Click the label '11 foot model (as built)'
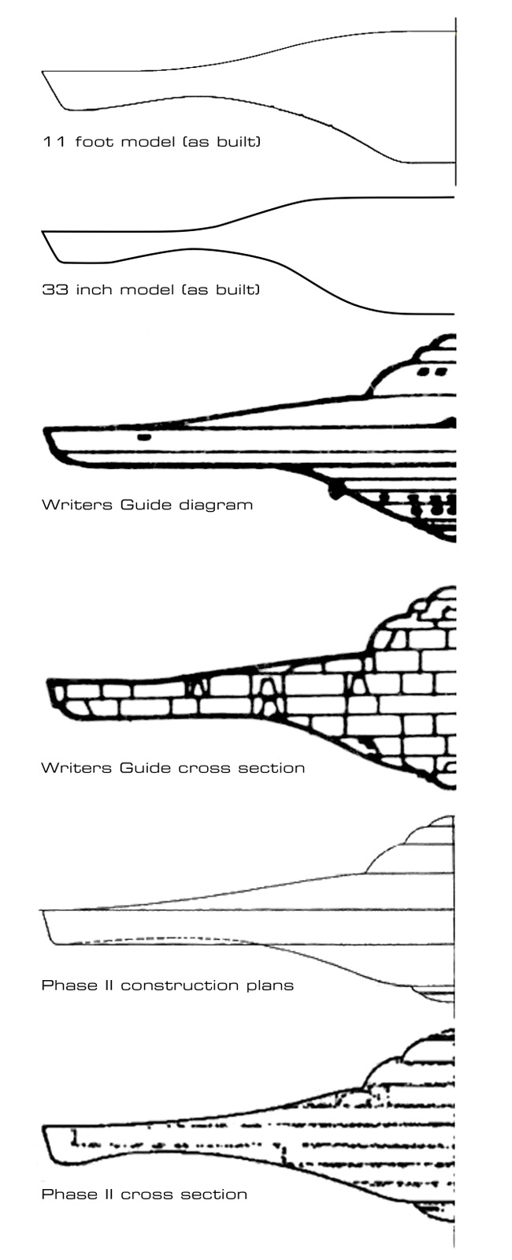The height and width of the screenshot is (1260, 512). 152,141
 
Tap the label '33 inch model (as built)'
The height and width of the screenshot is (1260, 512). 151,289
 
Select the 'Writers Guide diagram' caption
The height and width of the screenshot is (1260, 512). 147,504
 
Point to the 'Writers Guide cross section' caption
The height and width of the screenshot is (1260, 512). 173,768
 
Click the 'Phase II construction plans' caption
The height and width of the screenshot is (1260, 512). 168,985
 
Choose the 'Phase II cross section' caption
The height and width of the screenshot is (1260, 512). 144,1195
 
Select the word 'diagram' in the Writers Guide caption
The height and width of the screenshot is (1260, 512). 217,505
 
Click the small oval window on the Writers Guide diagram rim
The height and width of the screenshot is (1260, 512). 144,437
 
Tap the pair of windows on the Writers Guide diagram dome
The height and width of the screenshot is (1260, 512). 432,371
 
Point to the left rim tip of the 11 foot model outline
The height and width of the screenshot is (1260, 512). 43,72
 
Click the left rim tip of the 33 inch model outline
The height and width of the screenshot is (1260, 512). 43,231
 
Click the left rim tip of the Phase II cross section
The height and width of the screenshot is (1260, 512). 45,1127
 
